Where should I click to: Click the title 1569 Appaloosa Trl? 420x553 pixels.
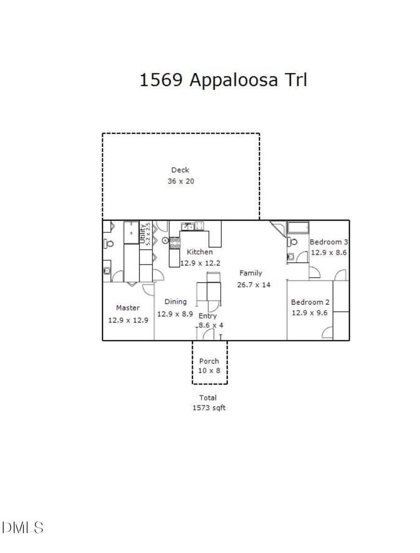tap(223, 80)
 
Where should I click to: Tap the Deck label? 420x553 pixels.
tap(180, 170)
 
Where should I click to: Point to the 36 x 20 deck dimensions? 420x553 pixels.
tap(181, 181)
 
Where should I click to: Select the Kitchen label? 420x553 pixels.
tap(200, 252)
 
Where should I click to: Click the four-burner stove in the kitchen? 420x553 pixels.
tap(175, 243)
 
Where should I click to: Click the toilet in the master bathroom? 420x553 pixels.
tap(109, 243)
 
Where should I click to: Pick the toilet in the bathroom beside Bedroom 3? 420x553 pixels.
tap(292, 241)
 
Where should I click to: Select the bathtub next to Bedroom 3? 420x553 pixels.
tap(298, 228)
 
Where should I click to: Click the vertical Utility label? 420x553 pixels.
tap(142, 234)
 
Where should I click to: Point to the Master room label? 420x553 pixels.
tap(128, 308)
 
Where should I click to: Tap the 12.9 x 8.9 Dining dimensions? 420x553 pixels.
tap(175, 314)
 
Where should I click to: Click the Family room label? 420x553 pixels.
tap(251, 273)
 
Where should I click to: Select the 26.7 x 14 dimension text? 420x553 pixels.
tap(253, 284)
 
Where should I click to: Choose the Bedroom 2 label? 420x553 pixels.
tap(310, 302)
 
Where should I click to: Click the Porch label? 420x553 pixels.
tap(209, 361)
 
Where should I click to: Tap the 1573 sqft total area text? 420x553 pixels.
tap(209, 408)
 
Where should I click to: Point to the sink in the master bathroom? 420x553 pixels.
tap(107, 271)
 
